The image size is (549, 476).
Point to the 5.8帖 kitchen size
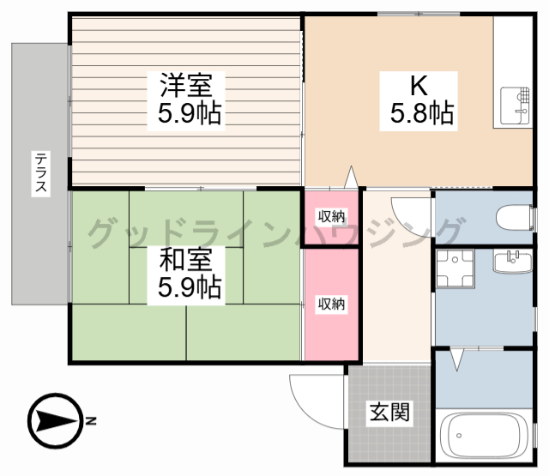422,112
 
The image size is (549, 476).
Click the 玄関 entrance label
389,413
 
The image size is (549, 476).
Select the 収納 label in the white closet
331,216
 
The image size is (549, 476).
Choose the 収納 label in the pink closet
331,303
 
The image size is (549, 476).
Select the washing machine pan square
452,268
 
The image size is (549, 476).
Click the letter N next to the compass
91,421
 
